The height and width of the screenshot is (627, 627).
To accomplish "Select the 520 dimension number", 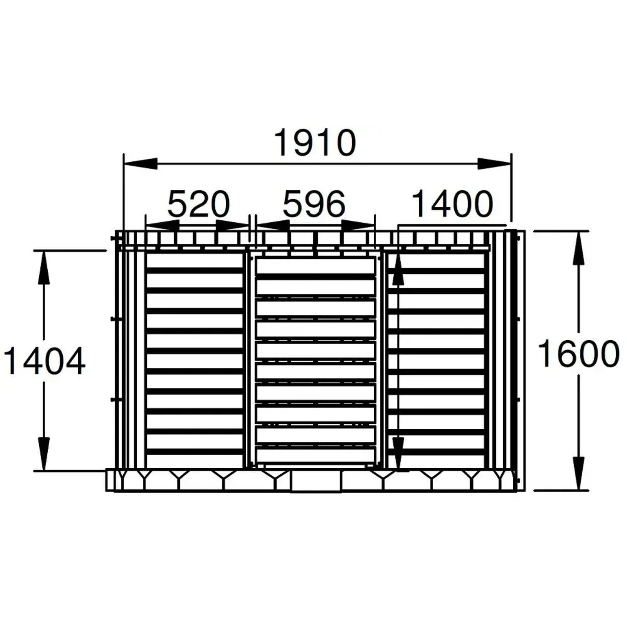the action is coord(199,204).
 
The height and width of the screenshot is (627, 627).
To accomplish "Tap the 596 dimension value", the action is coord(314,204).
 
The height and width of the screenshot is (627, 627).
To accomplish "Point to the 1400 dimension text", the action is coord(453,204).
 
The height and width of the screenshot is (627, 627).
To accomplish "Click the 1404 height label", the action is coord(44,361).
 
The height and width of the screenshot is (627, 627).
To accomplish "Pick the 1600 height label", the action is coord(579,354).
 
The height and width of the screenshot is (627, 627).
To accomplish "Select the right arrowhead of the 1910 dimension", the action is coord(494,163).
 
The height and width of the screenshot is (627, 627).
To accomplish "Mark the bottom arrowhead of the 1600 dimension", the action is coord(579,473).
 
